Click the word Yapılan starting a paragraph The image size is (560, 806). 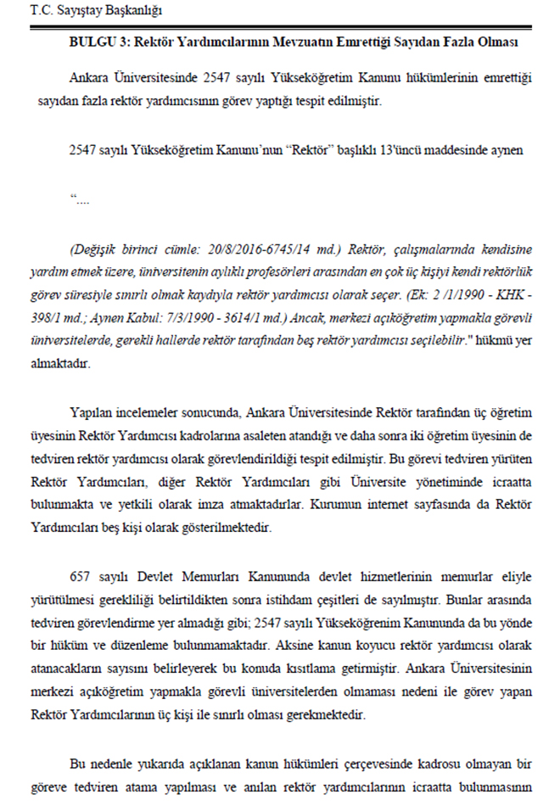pos(93,413)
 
